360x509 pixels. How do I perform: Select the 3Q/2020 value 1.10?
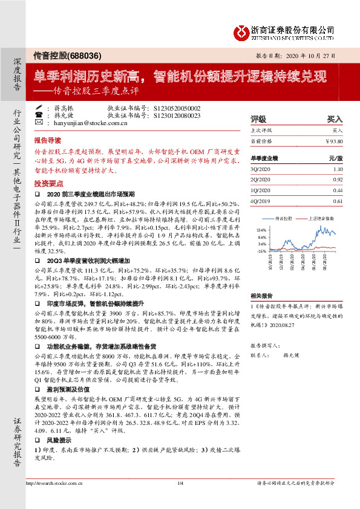(338, 170)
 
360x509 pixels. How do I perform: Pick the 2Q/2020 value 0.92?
(338, 180)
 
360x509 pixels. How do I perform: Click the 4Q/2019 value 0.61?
(338, 201)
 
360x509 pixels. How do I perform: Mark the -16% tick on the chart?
(261, 250)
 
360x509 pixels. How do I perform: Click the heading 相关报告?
(262, 296)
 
